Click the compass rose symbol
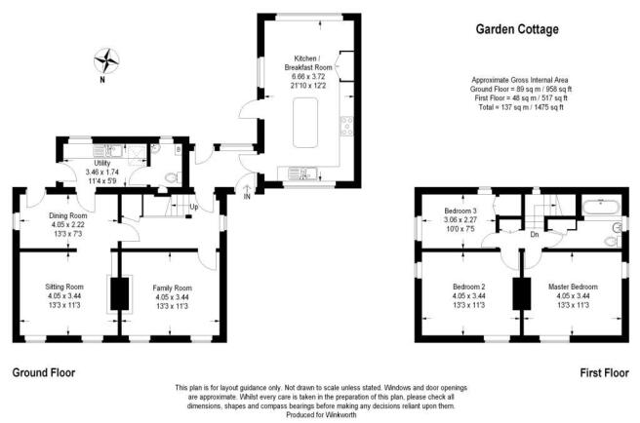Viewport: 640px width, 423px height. point(106,61)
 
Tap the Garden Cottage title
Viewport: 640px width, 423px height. point(517,29)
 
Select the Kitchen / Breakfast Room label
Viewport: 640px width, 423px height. point(308,62)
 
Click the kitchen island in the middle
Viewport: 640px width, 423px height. point(305,123)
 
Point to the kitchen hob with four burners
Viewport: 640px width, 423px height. point(347,126)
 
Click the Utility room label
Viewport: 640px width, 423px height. point(102,163)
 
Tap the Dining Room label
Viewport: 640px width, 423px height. point(68,215)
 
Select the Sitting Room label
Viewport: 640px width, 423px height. point(64,287)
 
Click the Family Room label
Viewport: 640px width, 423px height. point(173,288)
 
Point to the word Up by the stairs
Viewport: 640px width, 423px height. point(194,207)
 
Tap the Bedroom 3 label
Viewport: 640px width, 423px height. point(460,211)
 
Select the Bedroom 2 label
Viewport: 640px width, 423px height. point(469,287)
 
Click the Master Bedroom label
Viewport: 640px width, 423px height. point(573,287)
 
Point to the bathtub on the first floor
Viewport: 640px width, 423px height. point(602,207)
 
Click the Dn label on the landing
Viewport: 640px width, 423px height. point(535,235)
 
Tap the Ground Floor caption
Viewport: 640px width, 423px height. point(44,372)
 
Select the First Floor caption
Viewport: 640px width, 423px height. point(605,372)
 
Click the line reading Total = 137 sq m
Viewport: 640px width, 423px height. point(521,107)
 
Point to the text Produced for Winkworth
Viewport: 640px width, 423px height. point(321,415)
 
